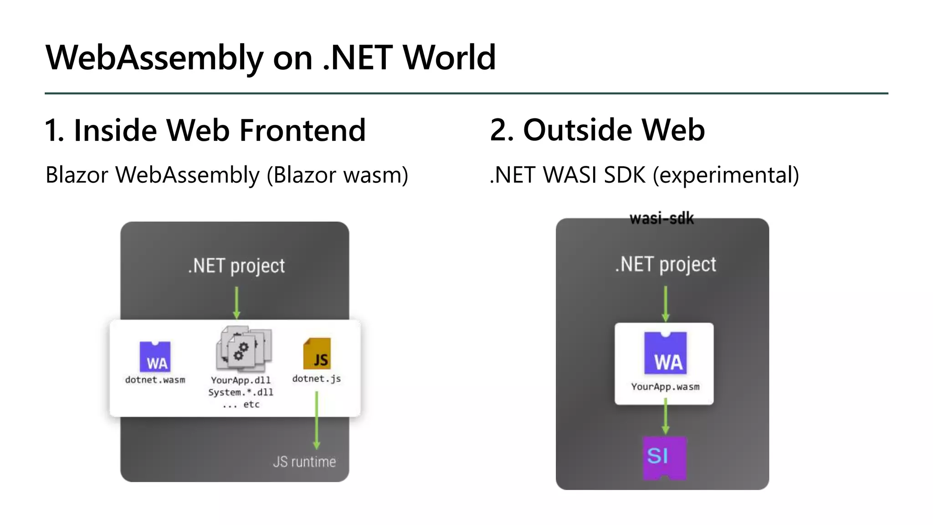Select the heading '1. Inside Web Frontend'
click(x=205, y=130)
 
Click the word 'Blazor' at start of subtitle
click(x=77, y=175)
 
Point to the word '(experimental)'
click(x=726, y=175)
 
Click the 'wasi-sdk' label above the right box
click(x=661, y=219)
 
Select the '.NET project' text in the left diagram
click(x=236, y=266)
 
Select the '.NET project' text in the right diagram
click(x=666, y=264)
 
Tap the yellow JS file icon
click(x=317, y=354)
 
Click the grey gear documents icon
click(x=244, y=349)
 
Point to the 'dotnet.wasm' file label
click(x=155, y=380)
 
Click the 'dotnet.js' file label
click(x=317, y=379)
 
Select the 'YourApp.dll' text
click(x=241, y=380)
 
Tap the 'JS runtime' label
click(x=304, y=462)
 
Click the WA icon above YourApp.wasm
click(x=666, y=353)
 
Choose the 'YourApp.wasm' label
click(x=665, y=387)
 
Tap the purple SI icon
click(x=664, y=458)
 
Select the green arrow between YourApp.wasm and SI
click(x=666, y=417)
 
